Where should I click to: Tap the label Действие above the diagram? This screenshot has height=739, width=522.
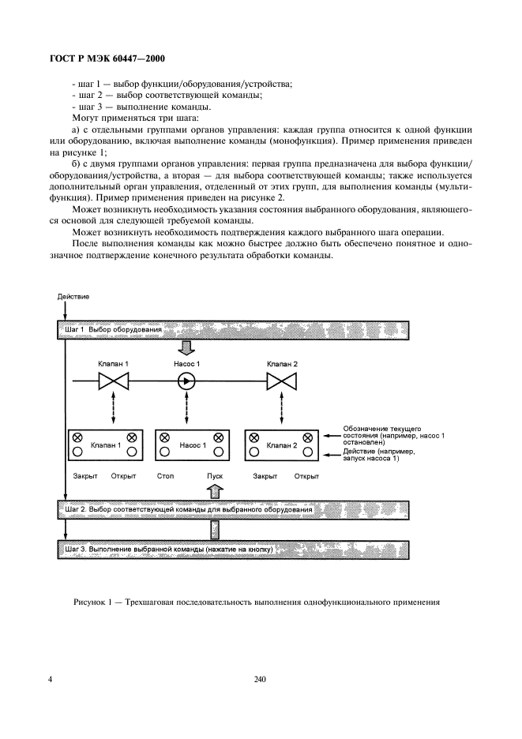click(73, 297)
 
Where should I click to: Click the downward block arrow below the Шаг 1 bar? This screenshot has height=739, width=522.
click(187, 347)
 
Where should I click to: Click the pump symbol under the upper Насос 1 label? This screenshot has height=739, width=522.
click(187, 383)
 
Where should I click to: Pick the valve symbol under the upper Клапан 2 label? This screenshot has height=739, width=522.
click(280, 383)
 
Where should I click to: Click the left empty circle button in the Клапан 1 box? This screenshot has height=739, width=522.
click(77, 452)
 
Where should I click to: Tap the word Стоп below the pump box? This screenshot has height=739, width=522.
click(165, 477)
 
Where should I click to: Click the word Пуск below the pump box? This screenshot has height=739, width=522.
click(215, 477)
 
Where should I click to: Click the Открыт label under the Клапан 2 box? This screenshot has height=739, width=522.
click(306, 477)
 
